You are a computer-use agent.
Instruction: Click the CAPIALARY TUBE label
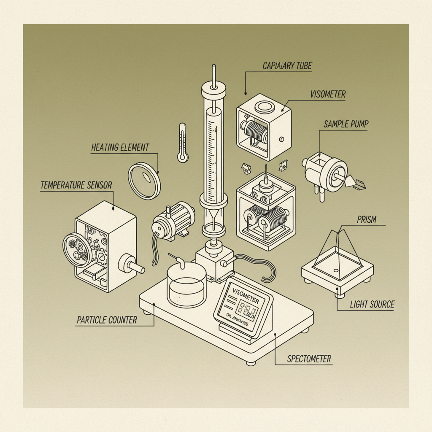(x=287, y=66)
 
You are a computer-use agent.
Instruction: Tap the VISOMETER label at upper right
(x=327, y=94)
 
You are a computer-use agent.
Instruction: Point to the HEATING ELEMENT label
(x=120, y=148)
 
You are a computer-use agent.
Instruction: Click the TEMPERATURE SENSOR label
(x=76, y=185)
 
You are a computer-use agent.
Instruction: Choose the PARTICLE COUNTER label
(x=107, y=320)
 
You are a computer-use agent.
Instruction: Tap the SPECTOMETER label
(x=309, y=359)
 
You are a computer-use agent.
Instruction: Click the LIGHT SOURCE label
(x=372, y=304)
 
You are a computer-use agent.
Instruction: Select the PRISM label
(x=366, y=220)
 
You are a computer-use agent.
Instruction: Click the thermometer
(x=182, y=143)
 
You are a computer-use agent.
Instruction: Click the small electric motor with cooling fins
(x=173, y=221)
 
